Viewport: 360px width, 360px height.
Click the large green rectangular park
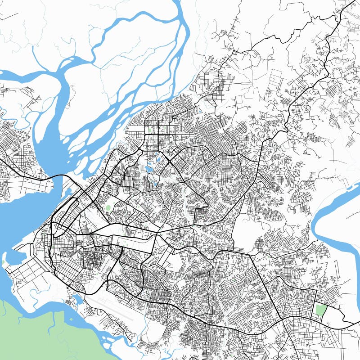point(321,310)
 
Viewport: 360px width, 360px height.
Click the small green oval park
point(108,208)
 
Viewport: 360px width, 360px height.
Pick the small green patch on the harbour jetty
point(4,262)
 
